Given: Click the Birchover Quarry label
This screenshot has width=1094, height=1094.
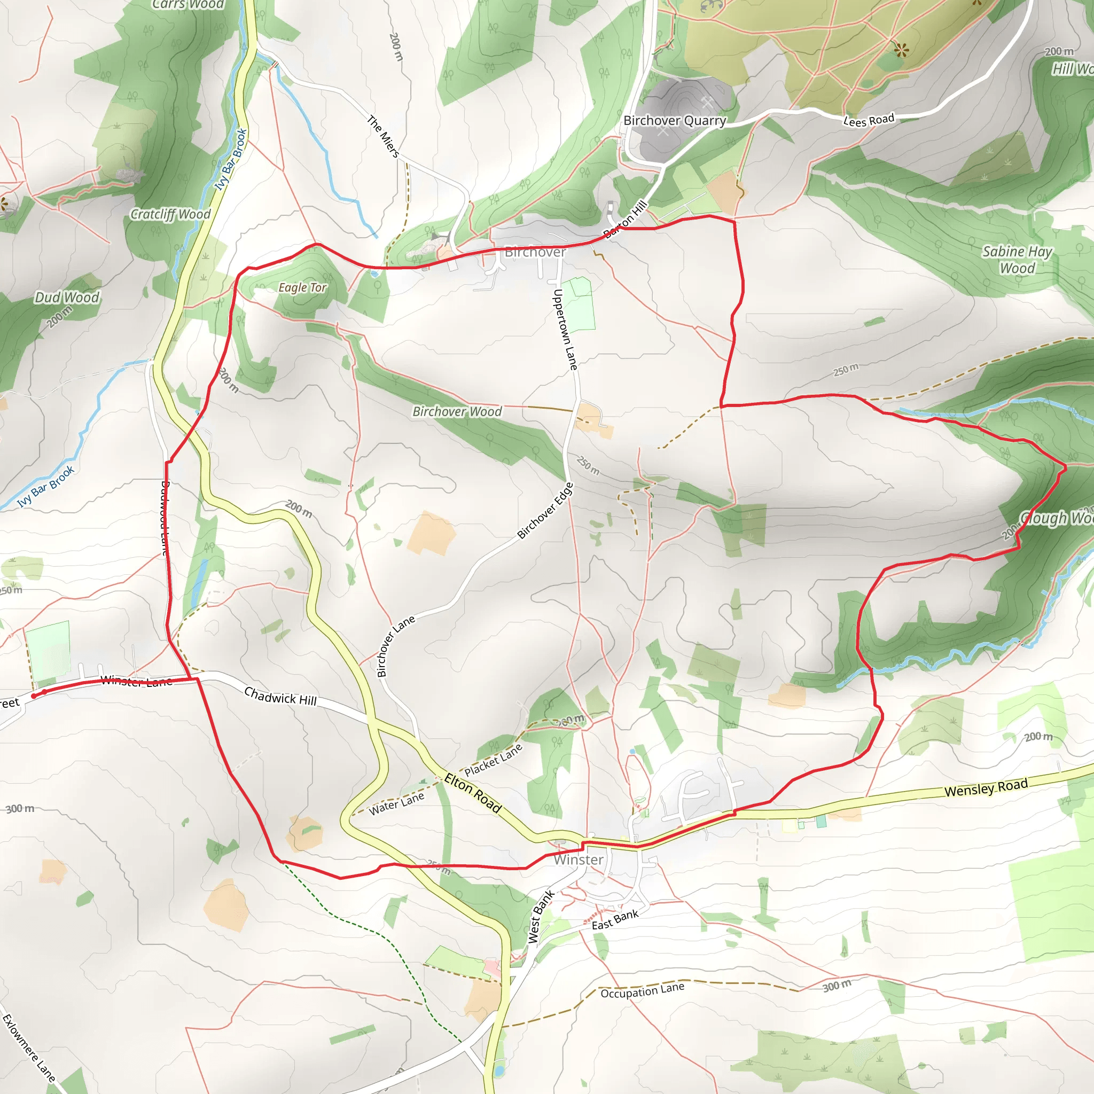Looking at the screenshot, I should [x=675, y=121].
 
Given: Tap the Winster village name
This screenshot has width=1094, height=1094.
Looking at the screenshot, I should [x=578, y=859].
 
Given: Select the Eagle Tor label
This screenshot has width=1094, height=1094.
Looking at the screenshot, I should [x=302, y=288].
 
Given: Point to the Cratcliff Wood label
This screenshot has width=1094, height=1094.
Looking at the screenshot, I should [x=170, y=214].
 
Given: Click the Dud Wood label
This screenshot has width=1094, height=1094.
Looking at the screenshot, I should [x=67, y=298].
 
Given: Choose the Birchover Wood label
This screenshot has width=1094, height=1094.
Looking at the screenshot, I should [x=457, y=412].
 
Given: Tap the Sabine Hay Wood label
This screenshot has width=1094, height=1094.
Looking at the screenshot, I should [x=1017, y=259].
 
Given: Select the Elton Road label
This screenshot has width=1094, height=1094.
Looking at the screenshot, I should [x=473, y=793].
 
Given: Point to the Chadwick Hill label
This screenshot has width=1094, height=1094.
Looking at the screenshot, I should [x=280, y=696].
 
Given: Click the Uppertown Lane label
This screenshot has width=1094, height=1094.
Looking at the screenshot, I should [x=565, y=330].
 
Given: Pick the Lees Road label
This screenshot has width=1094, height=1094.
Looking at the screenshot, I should [x=869, y=120].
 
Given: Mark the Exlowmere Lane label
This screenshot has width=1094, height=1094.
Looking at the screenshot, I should [x=28, y=1048].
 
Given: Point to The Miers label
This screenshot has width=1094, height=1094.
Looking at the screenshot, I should [x=384, y=136].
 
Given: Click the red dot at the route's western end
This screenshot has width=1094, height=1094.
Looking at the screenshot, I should [x=34, y=696].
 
